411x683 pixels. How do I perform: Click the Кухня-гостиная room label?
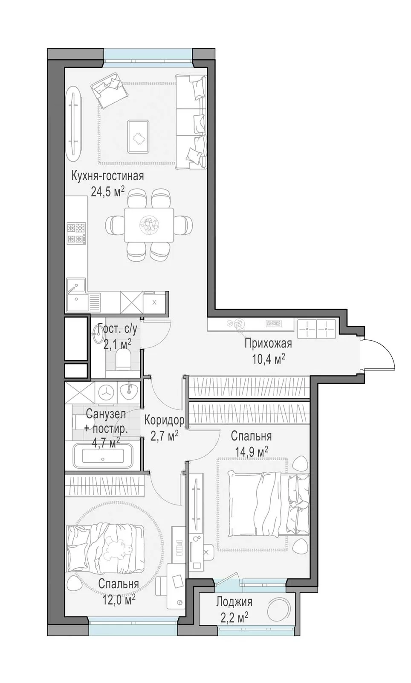pyautogui.click(x=107, y=176)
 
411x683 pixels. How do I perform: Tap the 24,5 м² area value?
pyautogui.click(x=107, y=191)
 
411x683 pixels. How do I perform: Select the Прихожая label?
pyautogui.click(x=268, y=343)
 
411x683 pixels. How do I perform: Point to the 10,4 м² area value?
pyautogui.click(x=268, y=359)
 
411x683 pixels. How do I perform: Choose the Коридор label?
pyautogui.click(x=165, y=420)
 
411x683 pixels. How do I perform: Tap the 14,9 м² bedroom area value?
pyautogui.click(x=252, y=452)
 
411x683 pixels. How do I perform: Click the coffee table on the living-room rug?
pyautogui.click(x=139, y=136)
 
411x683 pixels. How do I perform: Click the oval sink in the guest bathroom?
pyautogui.click(x=98, y=334)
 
